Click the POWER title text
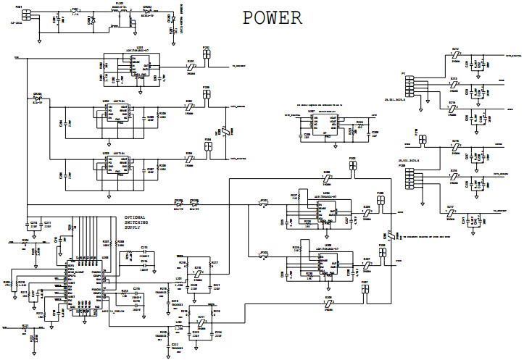[272, 18]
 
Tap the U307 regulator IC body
[321, 124]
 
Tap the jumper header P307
[365, 288]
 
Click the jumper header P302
[207, 54]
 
